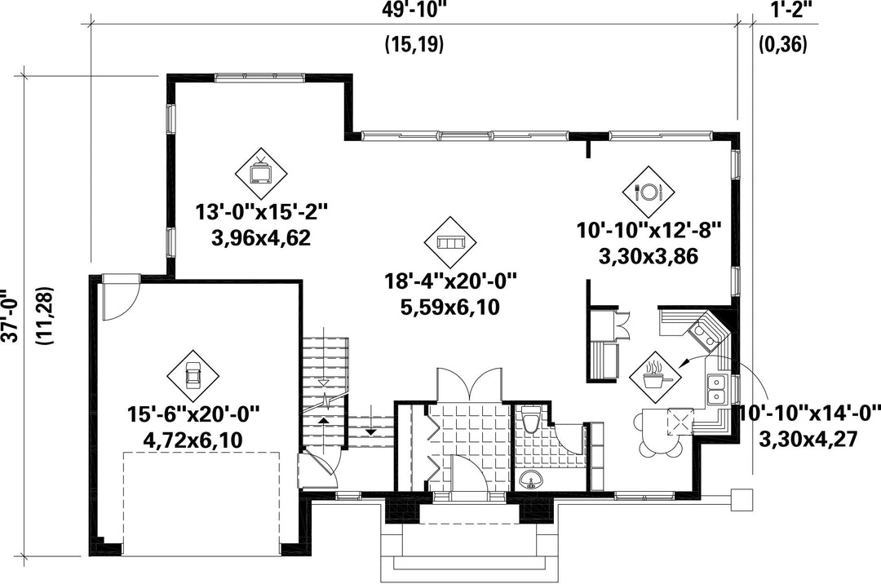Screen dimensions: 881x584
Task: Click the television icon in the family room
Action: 261,172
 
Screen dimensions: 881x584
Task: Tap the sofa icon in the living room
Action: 450,242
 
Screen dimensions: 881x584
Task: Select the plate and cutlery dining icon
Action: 649,192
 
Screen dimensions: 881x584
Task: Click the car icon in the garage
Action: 193,376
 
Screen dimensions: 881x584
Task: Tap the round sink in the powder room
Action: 531,481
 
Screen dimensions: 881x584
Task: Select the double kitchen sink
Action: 716,389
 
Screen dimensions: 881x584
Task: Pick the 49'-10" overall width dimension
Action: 417,10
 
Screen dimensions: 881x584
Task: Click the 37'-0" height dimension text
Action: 9,316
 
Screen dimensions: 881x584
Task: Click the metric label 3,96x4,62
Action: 261,238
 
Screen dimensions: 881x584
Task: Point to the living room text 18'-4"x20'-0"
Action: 449,280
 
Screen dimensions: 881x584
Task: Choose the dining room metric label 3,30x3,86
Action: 649,256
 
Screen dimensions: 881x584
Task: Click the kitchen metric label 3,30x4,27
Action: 808,439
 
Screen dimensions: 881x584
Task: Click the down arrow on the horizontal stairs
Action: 371,431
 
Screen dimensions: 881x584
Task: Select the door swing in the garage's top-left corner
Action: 121,298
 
